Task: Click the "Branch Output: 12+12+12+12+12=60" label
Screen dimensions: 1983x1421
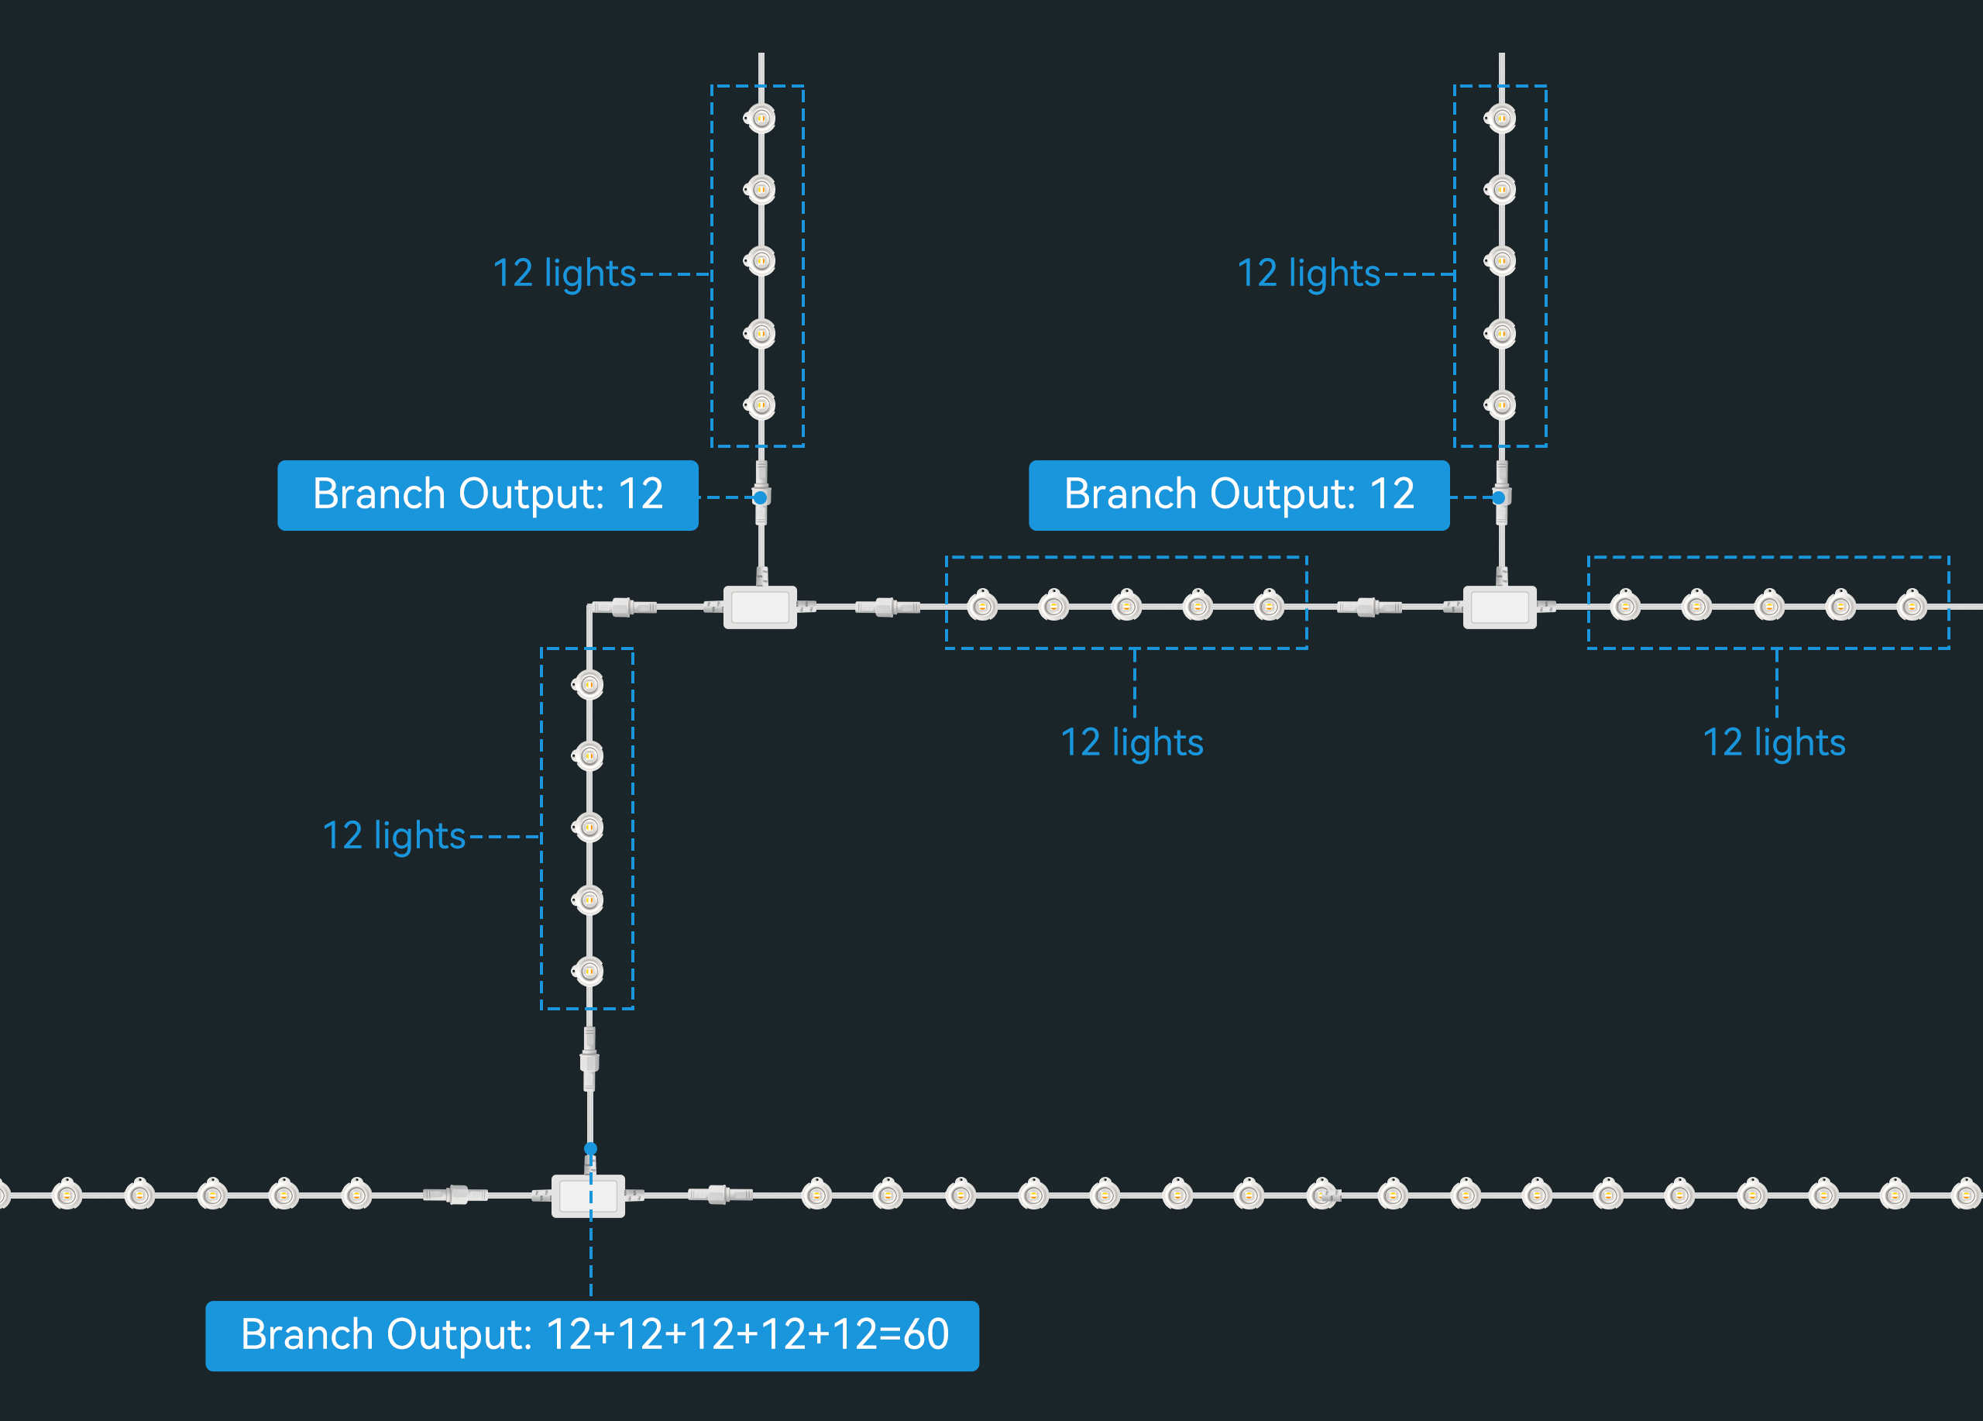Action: coord(592,1334)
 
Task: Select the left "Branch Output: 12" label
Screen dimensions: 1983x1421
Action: coord(487,495)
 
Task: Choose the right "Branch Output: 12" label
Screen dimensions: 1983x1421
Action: coord(1238,495)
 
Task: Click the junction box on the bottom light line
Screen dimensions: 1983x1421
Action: coord(589,1196)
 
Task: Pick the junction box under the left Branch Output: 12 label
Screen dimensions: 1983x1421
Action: coord(760,607)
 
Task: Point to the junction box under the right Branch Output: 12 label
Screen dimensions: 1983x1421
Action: coord(1500,607)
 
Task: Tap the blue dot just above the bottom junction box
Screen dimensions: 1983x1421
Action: coord(591,1148)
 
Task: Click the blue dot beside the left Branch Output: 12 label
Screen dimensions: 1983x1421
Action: coord(761,497)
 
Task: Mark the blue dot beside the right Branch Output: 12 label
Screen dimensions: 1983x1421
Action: coord(1499,497)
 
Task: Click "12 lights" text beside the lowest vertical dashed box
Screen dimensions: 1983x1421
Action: coord(394,836)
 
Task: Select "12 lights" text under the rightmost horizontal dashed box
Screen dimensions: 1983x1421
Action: coord(1773,742)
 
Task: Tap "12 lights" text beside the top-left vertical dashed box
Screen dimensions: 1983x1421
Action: coord(564,274)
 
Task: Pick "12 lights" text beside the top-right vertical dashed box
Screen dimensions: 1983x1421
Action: coord(1308,274)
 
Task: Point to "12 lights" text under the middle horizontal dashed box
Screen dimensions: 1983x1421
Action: coord(1132,742)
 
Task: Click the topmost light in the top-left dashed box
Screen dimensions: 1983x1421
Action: coord(761,118)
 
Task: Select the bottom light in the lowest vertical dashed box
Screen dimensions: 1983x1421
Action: coord(589,971)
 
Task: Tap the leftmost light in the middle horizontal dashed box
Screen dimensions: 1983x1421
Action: coord(982,606)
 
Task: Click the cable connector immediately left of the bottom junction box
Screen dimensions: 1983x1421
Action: coord(455,1195)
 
